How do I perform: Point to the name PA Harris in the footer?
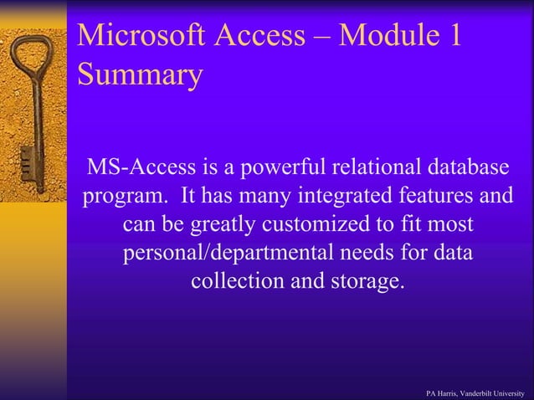pyautogui.click(x=442, y=392)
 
